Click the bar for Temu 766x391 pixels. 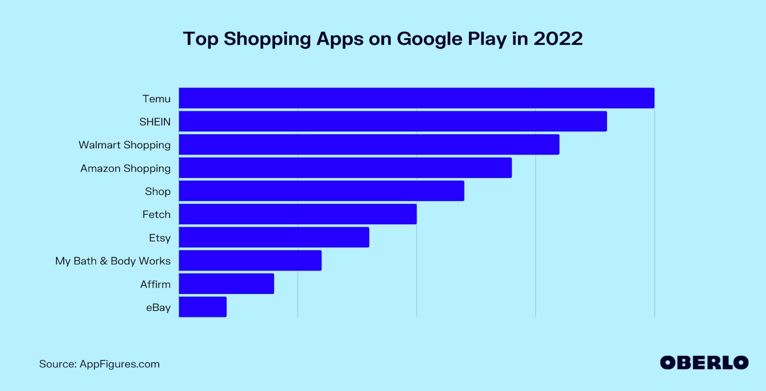[x=416, y=98]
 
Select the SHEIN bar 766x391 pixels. [x=393, y=121]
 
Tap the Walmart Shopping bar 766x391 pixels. [x=369, y=144]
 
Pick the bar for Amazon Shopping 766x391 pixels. [x=345, y=168]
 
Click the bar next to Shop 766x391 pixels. [x=321, y=191]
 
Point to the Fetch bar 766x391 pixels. [x=297, y=214]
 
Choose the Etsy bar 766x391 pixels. [x=273, y=237]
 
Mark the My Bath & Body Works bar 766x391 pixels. [x=250, y=260]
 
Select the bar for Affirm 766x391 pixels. [x=226, y=284]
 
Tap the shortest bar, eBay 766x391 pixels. [x=202, y=307]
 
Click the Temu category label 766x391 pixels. [x=156, y=99]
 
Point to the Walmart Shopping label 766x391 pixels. [x=124, y=145]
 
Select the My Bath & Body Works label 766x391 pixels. [x=113, y=261]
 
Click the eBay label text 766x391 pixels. [x=159, y=308]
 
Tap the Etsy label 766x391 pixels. [x=160, y=238]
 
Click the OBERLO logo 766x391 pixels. [x=704, y=363]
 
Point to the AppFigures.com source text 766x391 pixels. [x=119, y=364]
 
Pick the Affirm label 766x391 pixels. [x=155, y=284]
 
